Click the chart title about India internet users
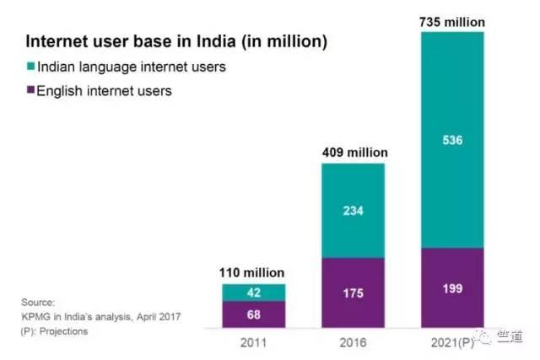point(176,40)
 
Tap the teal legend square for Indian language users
point(32,66)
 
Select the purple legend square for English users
point(32,90)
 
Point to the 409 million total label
point(353,153)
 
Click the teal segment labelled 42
point(254,293)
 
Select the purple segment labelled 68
point(254,314)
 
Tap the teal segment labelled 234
point(353,211)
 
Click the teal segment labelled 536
point(452,139)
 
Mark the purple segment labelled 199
point(452,290)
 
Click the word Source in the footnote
point(39,302)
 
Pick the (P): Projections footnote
point(55,331)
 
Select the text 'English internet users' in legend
point(105,90)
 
